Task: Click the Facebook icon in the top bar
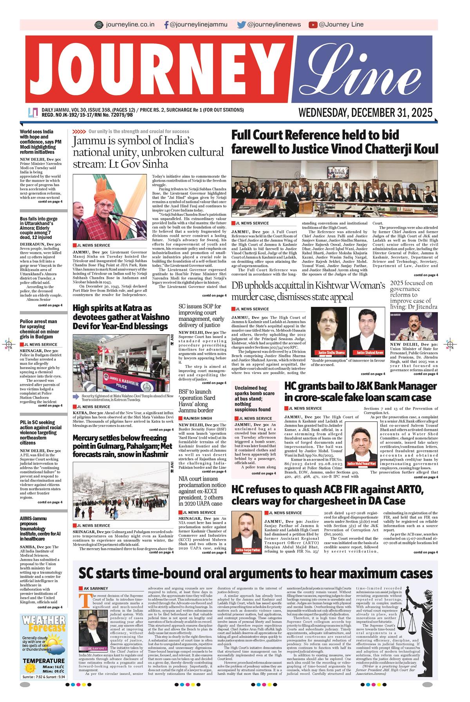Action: [x=167, y=24]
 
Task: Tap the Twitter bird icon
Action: [x=241, y=24]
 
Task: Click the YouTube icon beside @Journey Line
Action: [x=313, y=24]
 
